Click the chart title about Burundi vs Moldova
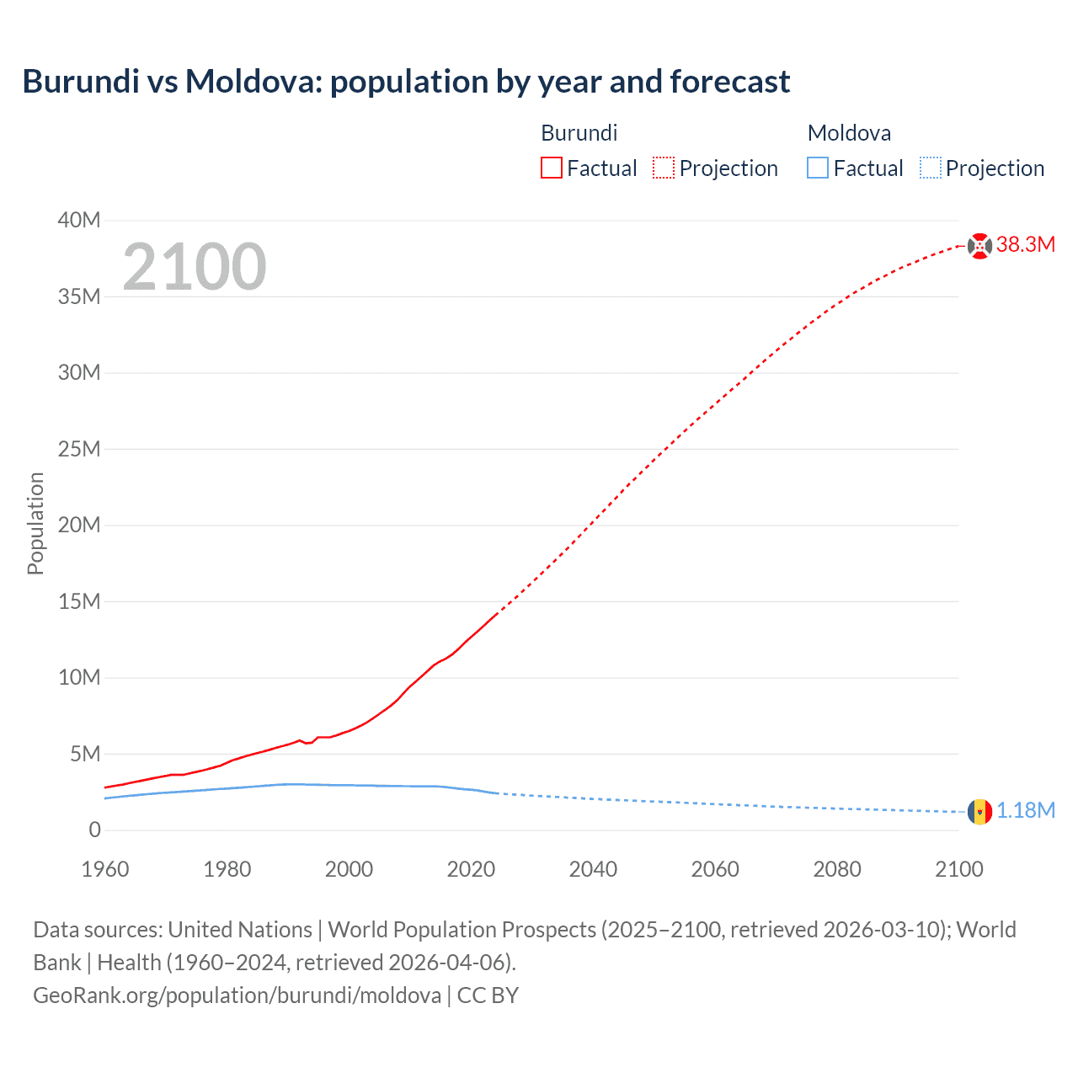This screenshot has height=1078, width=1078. pos(406,82)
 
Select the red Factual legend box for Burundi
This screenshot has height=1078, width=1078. pos(551,168)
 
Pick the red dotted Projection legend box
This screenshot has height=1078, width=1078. pos(663,168)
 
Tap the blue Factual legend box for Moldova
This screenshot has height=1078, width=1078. pos(817,168)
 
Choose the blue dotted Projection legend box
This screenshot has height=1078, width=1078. pos(930,168)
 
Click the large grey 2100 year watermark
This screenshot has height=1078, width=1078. pos(195,267)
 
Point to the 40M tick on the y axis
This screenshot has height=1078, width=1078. pos(79,221)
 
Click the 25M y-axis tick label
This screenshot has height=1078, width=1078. pos(79,449)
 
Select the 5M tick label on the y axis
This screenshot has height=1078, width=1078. pos(85,754)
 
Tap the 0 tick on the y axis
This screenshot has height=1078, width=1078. pos(94,830)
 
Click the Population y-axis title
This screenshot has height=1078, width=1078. pos(35,523)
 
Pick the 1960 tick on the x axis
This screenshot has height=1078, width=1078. pos(105,869)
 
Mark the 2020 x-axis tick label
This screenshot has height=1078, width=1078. pos(471,869)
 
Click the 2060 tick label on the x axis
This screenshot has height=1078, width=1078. pos(715,869)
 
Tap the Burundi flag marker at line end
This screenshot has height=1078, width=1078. pos(979,245)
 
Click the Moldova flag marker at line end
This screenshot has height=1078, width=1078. pos(979,811)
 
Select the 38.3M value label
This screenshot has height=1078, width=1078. pos(1025,245)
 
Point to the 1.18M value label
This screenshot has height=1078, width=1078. pos(1025,811)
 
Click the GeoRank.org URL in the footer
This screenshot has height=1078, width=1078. pos(237,995)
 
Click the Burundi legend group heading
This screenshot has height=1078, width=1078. pos(579,133)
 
